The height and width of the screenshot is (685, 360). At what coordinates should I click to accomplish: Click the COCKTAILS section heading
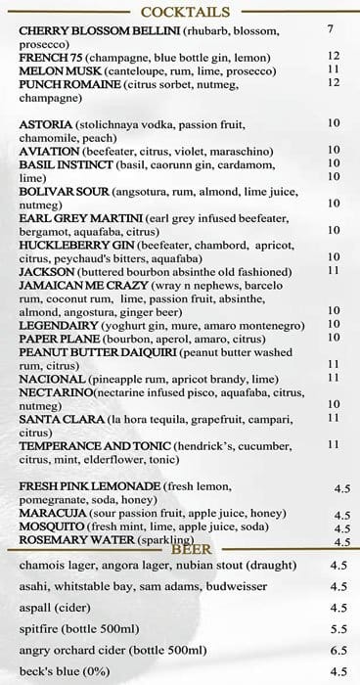coord(185,12)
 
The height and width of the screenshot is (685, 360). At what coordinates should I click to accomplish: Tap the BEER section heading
coord(192,549)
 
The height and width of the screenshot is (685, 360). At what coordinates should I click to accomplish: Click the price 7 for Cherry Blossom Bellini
coord(332,30)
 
